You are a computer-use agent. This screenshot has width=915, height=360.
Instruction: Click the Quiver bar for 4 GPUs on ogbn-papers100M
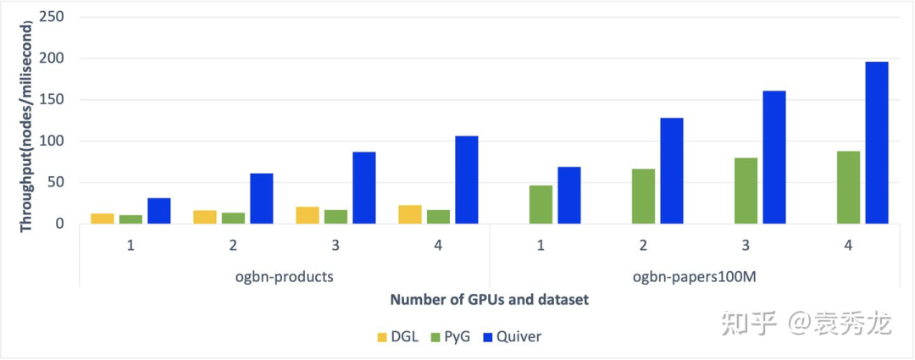876,142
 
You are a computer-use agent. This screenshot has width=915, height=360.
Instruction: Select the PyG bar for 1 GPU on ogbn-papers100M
541,204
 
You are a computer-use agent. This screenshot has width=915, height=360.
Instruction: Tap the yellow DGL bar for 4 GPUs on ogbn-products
409,214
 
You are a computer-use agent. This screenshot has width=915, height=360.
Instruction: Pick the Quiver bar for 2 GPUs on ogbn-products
261,198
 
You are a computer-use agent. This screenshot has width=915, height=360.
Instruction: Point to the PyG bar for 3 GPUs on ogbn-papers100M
746,191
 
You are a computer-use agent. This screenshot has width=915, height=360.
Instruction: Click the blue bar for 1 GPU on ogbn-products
158,211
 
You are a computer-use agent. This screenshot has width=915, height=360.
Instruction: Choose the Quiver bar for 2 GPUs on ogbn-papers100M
671,170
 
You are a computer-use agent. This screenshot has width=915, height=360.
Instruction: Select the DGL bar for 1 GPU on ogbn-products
103,219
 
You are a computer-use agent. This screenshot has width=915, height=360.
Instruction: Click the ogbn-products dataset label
284,275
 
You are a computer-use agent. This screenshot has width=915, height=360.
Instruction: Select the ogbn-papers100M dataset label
694,275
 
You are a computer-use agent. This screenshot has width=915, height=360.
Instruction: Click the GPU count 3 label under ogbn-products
335,246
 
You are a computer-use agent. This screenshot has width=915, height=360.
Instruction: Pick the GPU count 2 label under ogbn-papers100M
643,246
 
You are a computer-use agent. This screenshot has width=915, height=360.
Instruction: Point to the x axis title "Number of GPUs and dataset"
489,300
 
